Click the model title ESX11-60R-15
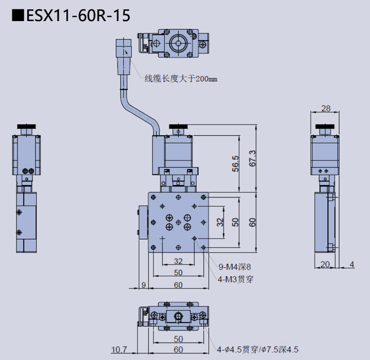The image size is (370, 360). point(78,16)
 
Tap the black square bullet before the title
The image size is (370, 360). point(18,16)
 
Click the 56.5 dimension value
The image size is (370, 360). point(236,163)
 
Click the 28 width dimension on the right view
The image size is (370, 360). point(325,109)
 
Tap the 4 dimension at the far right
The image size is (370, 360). point(351,264)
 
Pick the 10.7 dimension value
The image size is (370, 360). point(119,350)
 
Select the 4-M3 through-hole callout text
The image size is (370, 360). point(235,279)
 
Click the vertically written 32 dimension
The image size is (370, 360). point(220,222)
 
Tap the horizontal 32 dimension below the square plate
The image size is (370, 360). point(178,261)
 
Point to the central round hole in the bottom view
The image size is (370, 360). point(178,316)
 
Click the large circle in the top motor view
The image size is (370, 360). point(178,42)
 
